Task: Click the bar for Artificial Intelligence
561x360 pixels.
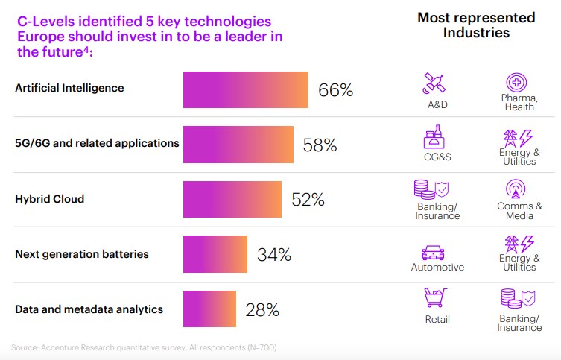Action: (246, 89)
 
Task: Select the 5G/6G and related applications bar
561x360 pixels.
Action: (238, 145)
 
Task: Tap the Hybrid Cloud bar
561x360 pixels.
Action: (232, 199)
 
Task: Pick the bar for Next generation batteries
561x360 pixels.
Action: (216, 254)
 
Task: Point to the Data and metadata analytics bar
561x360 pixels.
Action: (209, 309)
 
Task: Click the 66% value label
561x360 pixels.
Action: (335, 90)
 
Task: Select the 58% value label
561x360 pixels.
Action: (320, 145)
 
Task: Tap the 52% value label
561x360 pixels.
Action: (308, 200)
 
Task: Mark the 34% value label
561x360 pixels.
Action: (274, 255)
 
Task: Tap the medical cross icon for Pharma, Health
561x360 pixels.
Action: (518, 83)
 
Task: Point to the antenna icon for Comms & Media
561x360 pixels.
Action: (519, 189)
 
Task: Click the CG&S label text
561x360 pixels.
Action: (437, 157)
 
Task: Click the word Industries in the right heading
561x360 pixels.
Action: (476, 33)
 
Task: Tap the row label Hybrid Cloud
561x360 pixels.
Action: (49, 199)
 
